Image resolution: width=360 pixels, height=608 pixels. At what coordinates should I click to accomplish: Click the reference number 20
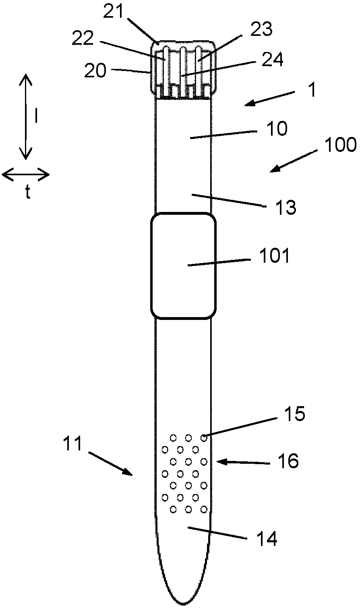95,71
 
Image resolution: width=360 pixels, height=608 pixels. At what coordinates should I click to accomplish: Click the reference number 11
72,444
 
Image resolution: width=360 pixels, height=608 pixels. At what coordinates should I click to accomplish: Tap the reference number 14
266,538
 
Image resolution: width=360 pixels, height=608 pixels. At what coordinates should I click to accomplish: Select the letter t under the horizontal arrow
27,193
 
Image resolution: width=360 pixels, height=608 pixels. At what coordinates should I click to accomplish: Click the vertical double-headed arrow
26,116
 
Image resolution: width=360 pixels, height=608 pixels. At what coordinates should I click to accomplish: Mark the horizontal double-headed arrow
26,175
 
